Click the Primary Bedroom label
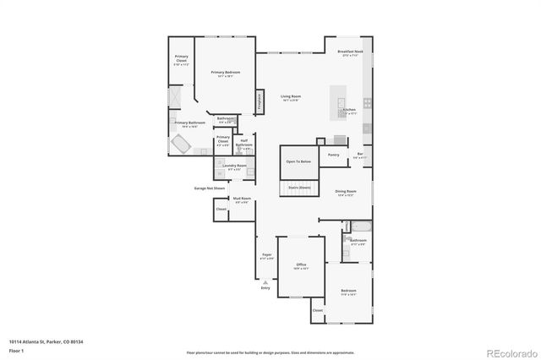click(226, 73)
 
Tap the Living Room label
click(291, 96)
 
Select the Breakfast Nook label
click(350, 52)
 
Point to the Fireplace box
click(260, 101)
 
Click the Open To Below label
click(298, 161)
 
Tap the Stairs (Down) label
click(299, 187)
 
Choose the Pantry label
click(334, 155)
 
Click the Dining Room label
click(345, 192)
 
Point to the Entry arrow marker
click(265, 282)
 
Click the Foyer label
click(266, 254)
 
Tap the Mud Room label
click(241, 199)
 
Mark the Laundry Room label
click(235, 166)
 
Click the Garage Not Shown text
click(210, 188)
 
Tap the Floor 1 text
click(17, 350)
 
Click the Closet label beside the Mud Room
click(221, 209)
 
